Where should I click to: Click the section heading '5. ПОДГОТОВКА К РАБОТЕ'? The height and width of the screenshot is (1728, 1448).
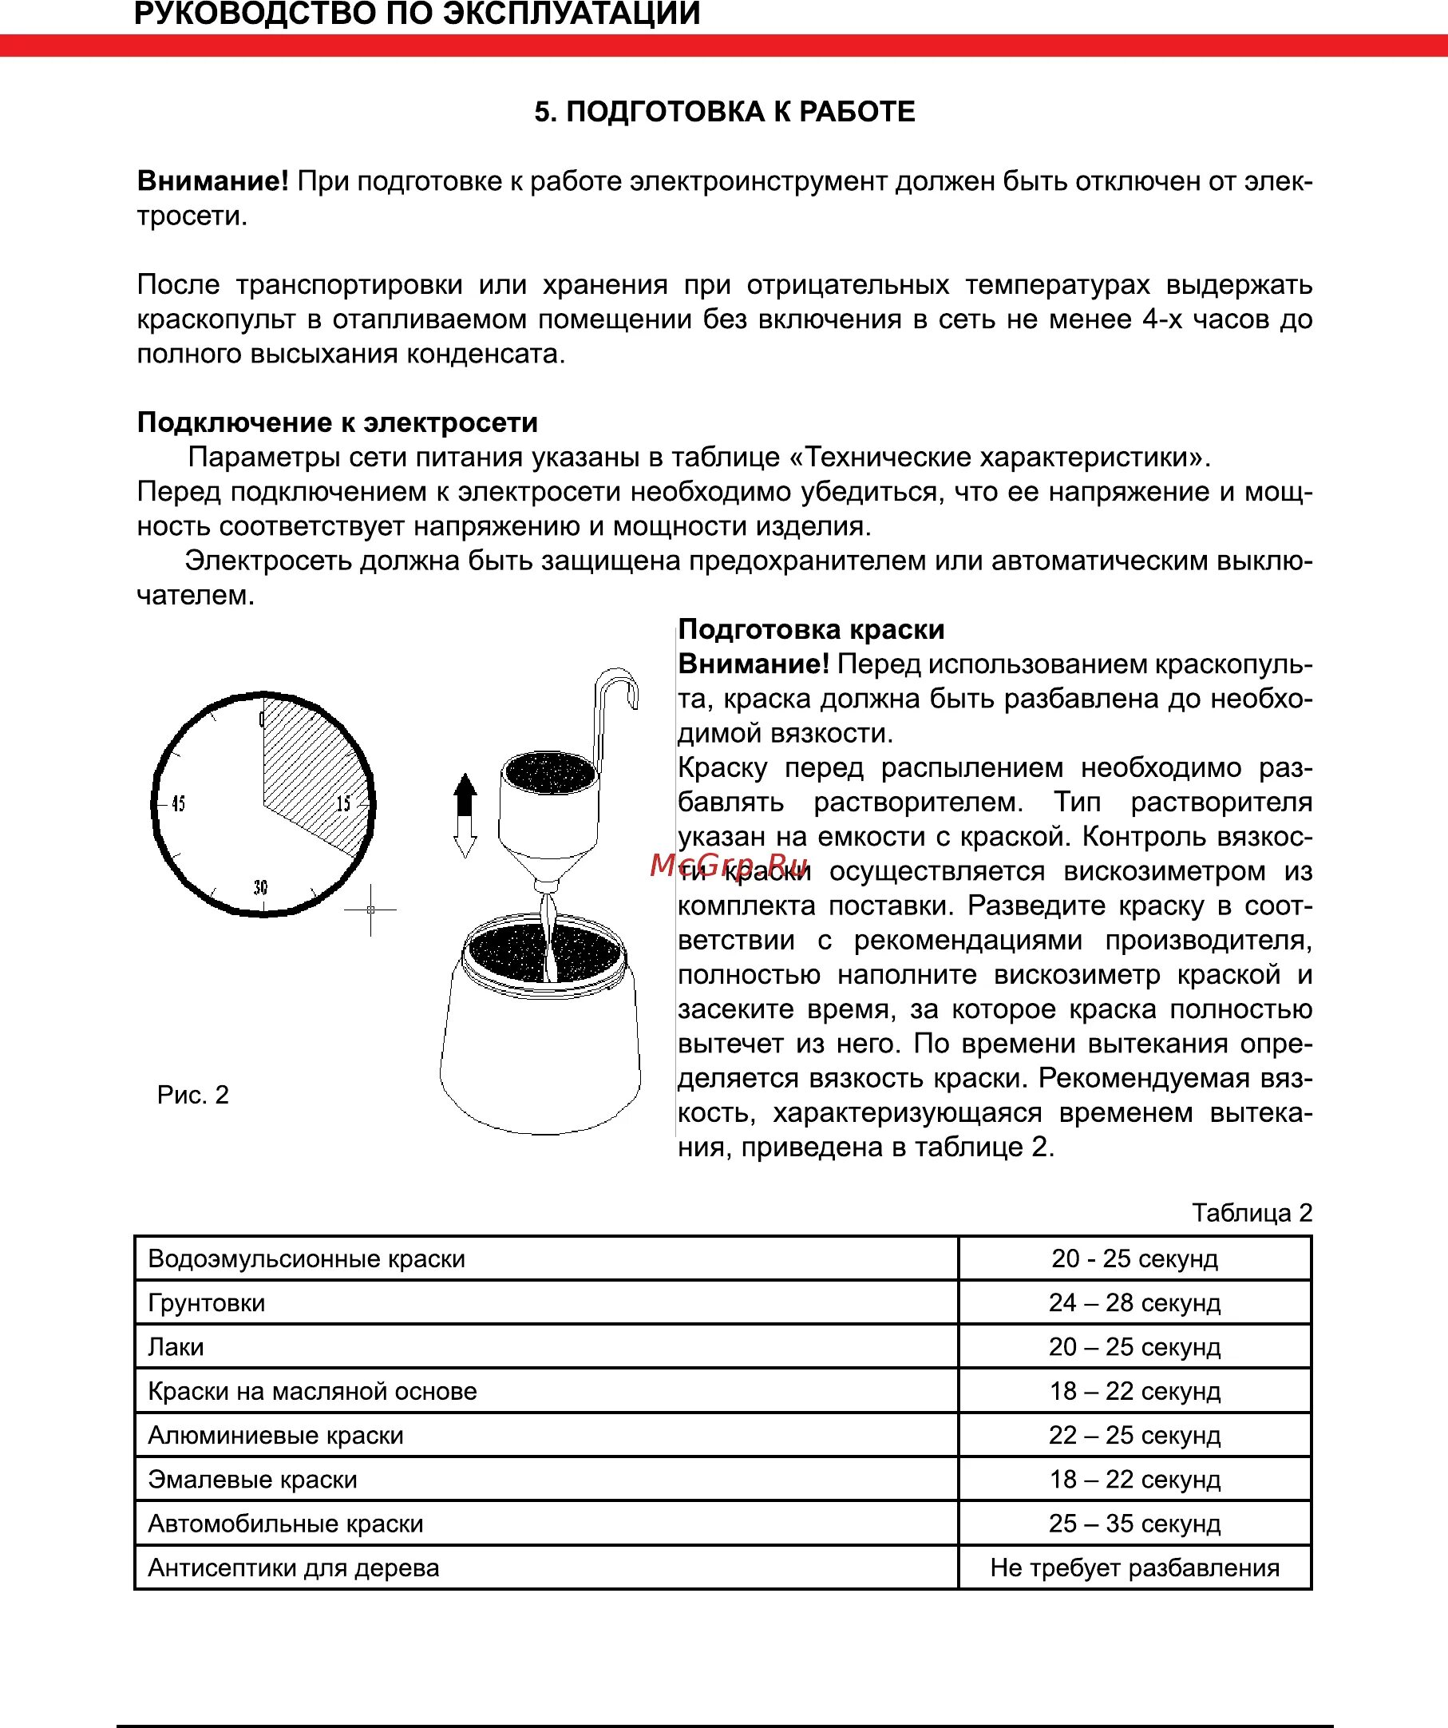click(724, 112)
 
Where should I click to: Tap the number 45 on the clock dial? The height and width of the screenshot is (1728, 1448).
click(179, 804)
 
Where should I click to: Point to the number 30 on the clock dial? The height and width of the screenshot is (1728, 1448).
click(261, 887)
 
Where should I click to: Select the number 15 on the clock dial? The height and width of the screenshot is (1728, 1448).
click(344, 804)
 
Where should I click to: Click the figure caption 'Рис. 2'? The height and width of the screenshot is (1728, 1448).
click(192, 1095)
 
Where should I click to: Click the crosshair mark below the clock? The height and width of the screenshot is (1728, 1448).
click(370, 910)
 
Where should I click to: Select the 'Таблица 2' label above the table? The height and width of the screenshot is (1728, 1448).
click(1252, 1213)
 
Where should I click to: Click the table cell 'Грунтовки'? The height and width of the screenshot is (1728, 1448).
click(207, 1302)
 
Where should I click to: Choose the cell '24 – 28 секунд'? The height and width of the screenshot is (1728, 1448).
click(1134, 1302)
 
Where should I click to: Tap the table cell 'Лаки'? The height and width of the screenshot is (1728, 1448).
click(176, 1347)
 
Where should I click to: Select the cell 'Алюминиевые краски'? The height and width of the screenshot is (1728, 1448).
click(275, 1435)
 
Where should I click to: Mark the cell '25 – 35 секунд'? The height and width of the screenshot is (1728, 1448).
click(1134, 1523)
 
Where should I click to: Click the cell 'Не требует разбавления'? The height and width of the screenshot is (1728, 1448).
click(1134, 1567)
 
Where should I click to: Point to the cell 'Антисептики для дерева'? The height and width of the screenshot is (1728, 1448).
click(294, 1567)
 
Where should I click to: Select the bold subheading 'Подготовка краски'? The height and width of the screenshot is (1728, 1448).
click(811, 629)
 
